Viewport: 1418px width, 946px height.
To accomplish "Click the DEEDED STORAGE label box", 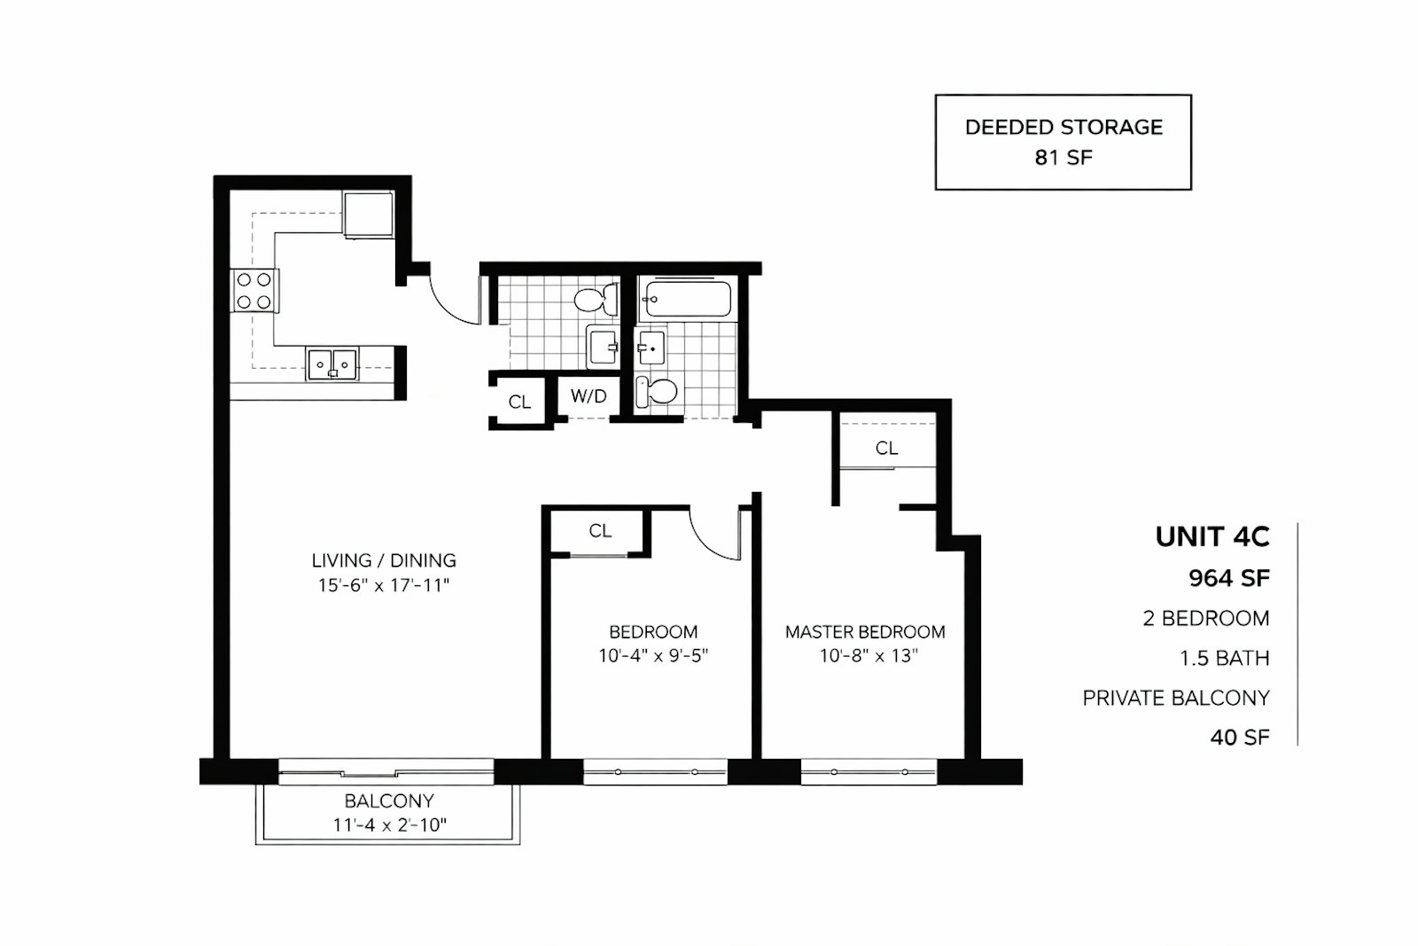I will point(1063,142).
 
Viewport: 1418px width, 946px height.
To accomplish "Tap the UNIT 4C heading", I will point(1212,536).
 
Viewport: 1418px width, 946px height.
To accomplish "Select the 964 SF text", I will point(1228,578).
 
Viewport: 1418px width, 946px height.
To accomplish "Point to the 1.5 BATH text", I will point(1224,658).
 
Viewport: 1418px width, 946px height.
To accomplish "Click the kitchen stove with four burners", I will point(254,291).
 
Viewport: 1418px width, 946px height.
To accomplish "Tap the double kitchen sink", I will point(332,364).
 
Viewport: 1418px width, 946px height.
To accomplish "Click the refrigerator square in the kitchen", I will point(369,214).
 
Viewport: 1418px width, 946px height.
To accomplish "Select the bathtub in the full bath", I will point(688,300).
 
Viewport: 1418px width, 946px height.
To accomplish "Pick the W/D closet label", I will point(588,396).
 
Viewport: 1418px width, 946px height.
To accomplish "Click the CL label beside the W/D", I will point(519,403).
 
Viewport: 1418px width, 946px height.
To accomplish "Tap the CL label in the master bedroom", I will point(886,449).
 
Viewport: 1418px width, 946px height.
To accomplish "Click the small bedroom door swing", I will point(716,536).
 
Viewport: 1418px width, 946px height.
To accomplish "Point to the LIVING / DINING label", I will point(384,560).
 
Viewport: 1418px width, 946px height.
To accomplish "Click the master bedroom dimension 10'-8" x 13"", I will point(868,656).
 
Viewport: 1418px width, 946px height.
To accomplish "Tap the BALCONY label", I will point(389,801).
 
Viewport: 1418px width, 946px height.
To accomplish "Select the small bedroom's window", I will point(656,771).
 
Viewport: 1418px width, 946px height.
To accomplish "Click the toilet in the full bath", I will point(658,391).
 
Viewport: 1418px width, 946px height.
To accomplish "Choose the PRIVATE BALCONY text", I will point(1175,698).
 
